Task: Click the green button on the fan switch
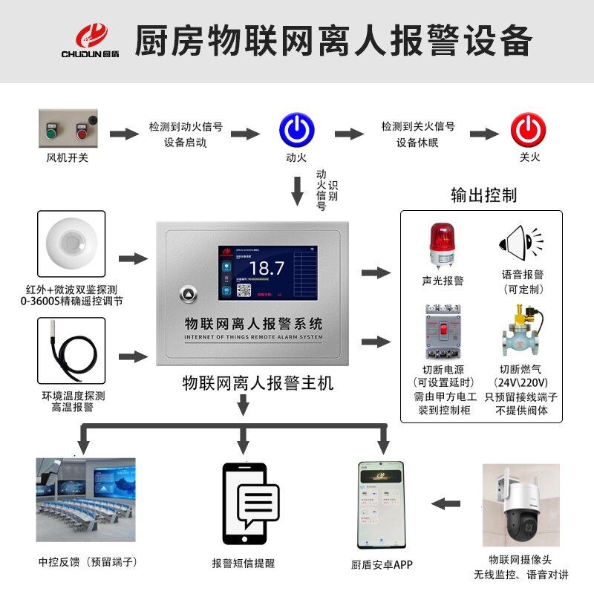[x=52, y=134]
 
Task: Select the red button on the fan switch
[x=79, y=134]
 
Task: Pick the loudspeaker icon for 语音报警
[x=522, y=241]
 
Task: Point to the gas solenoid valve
[x=522, y=332]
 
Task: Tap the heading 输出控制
[x=483, y=195]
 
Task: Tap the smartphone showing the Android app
[x=381, y=504]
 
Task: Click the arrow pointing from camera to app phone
[x=447, y=504]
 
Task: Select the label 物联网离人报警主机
[x=258, y=383]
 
